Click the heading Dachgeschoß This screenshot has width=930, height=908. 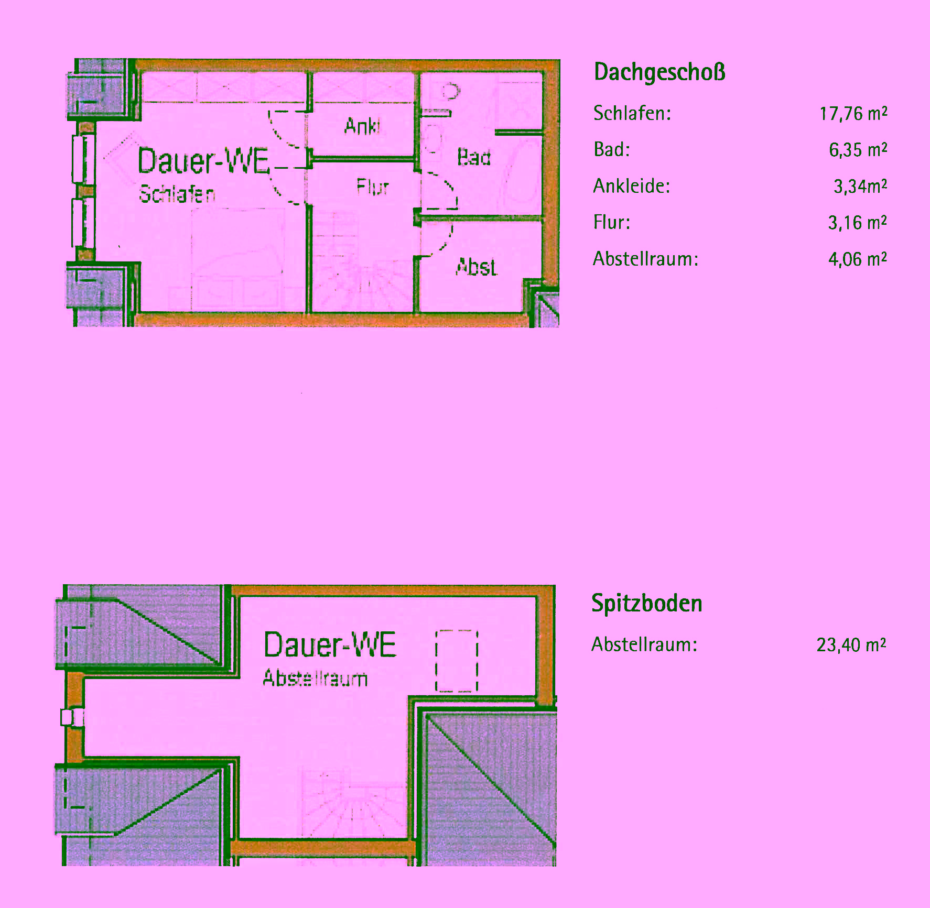659,72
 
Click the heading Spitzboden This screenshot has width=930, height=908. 646,604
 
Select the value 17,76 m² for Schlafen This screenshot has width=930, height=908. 853,114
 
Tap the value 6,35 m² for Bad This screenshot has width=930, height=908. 858,150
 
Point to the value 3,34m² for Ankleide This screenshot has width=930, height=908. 860,187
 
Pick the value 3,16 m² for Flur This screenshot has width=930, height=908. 857,223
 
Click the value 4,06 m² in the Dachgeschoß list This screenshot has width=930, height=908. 857,259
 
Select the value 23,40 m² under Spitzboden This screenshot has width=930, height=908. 851,645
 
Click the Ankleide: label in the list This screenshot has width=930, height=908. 631,186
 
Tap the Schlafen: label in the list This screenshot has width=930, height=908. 632,113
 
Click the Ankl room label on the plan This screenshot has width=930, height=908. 362,126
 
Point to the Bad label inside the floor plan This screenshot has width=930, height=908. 473,157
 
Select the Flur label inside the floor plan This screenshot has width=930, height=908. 372,187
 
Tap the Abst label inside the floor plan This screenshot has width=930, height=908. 476,267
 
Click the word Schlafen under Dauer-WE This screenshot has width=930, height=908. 177,194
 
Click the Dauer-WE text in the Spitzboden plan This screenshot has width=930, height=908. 329,644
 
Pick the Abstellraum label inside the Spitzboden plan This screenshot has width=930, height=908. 315,678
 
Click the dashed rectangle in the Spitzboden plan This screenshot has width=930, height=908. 457,661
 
